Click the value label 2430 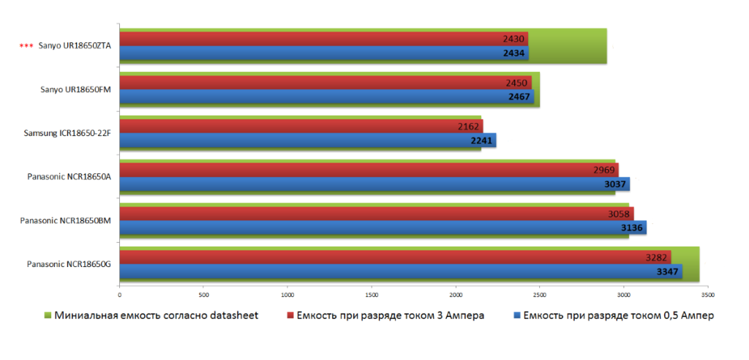pyautogui.click(x=513, y=39)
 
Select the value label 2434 pyautogui.click(x=515, y=53)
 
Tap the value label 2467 pyautogui.click(x=520, y=97)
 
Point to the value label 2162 pyautogui.click(x=469, y=127)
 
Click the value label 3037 pyautogui.click(x=615, y=184)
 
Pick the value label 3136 pyautogui.click(x=632, y=228)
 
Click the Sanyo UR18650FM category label pyautogui.click(x=75, y=90)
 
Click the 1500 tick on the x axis pyautogui.click(x=372, y=296)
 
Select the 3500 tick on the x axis pyautogui.click(x=707, y=296)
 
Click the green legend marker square pyautogui.click(x=48, y=316)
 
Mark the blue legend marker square pyautogui.click(x=517, y=316)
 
